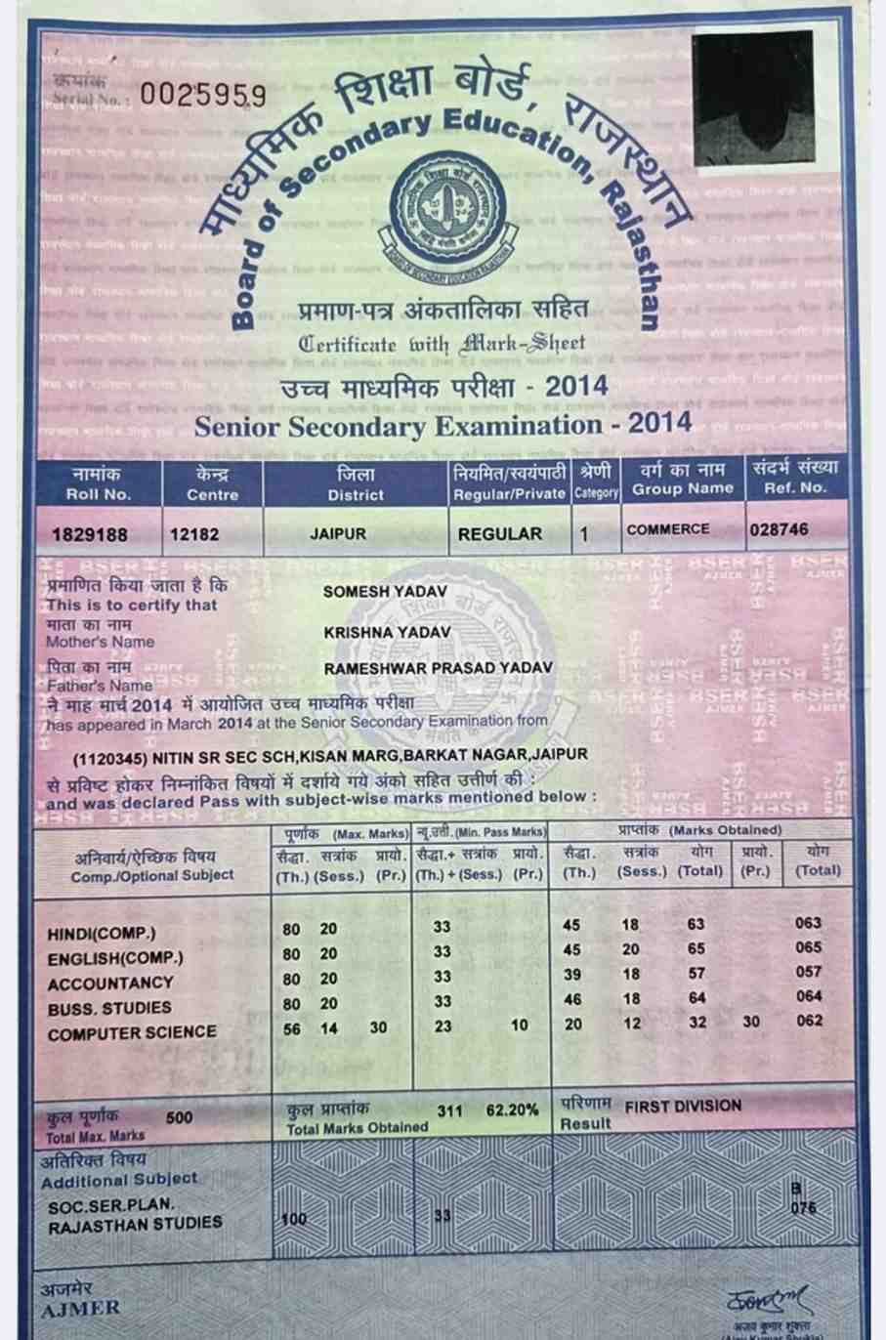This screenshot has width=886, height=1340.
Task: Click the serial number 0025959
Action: click(x=202, y=95)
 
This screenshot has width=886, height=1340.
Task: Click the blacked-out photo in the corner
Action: click(x=753, y=97)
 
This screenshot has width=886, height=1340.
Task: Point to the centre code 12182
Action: click(x=193, y=534)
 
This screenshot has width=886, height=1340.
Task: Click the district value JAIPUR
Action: click(x=338, y=534)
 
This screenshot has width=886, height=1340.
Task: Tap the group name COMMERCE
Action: click(x=668, y=529)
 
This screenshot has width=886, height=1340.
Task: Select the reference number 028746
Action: click(x=780, y=529)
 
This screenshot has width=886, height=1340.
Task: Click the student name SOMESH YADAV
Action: click(x=384, y=592)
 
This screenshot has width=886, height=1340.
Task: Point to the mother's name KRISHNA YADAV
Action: click(x=387, y=632)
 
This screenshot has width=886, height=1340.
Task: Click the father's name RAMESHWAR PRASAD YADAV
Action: click(x=438, y=667)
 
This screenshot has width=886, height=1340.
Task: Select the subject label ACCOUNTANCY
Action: click(x=109, y=983)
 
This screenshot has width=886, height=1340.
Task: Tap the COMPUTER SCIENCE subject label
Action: click(x=132, y=1032)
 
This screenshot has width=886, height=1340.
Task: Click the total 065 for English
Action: click(x=808, y=947)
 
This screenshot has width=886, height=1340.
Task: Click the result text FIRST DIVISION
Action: click(x=683, y=1106)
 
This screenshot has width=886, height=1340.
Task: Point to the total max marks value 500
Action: click(x=180, y=1116)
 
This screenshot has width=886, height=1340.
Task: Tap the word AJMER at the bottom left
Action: click(x=80, y=1308)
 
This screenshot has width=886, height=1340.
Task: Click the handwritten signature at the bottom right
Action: click(x=768, y=1300)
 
